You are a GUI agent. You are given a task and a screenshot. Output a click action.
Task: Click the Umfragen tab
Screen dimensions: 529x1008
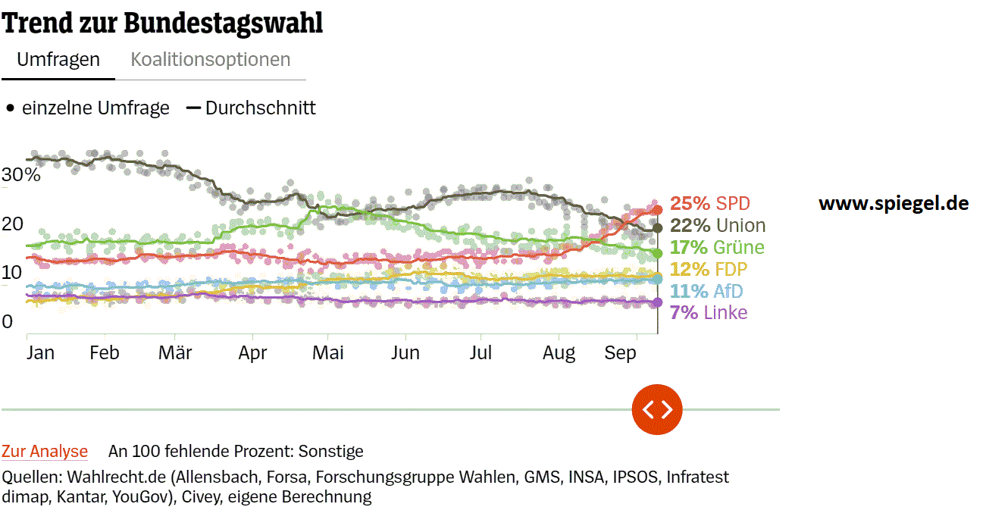click(58, 60)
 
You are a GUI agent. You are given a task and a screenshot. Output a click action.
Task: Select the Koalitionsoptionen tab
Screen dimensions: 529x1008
click(211, 60)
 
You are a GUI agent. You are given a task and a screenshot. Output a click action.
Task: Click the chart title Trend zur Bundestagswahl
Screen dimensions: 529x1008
click(162, 23)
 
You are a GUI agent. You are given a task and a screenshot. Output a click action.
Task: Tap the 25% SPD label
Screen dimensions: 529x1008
click(709, 204)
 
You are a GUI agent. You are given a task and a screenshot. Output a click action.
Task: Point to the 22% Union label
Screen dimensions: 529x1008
click(718, 226)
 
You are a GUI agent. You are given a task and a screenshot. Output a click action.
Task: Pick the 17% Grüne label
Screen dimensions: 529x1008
click(717, 248)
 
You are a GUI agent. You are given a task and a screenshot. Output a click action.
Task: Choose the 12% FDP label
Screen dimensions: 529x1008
click(709, 269)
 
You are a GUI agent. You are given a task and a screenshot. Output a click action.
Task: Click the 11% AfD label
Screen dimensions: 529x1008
click(706, 291)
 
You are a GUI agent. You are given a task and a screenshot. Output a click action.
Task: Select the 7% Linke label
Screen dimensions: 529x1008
click(709, 313)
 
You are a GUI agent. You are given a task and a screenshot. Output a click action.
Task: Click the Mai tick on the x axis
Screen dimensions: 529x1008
click(328, 353)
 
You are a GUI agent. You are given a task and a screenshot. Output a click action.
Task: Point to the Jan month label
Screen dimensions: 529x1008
click(40, 353)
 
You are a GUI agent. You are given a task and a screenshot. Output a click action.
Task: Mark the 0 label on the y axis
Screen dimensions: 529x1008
click(8, 321)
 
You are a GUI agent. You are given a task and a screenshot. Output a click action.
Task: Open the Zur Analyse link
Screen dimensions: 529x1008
click(45, 452)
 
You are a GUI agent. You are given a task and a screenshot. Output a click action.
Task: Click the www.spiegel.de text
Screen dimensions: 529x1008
click(894, 203)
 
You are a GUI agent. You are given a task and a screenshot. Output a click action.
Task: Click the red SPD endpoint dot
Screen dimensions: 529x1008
click(657, 210)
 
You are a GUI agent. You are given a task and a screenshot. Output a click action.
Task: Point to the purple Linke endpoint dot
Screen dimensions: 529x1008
click(657, 302)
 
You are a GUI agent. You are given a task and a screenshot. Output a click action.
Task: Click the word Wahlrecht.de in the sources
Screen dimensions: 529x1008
click(110, 477)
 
